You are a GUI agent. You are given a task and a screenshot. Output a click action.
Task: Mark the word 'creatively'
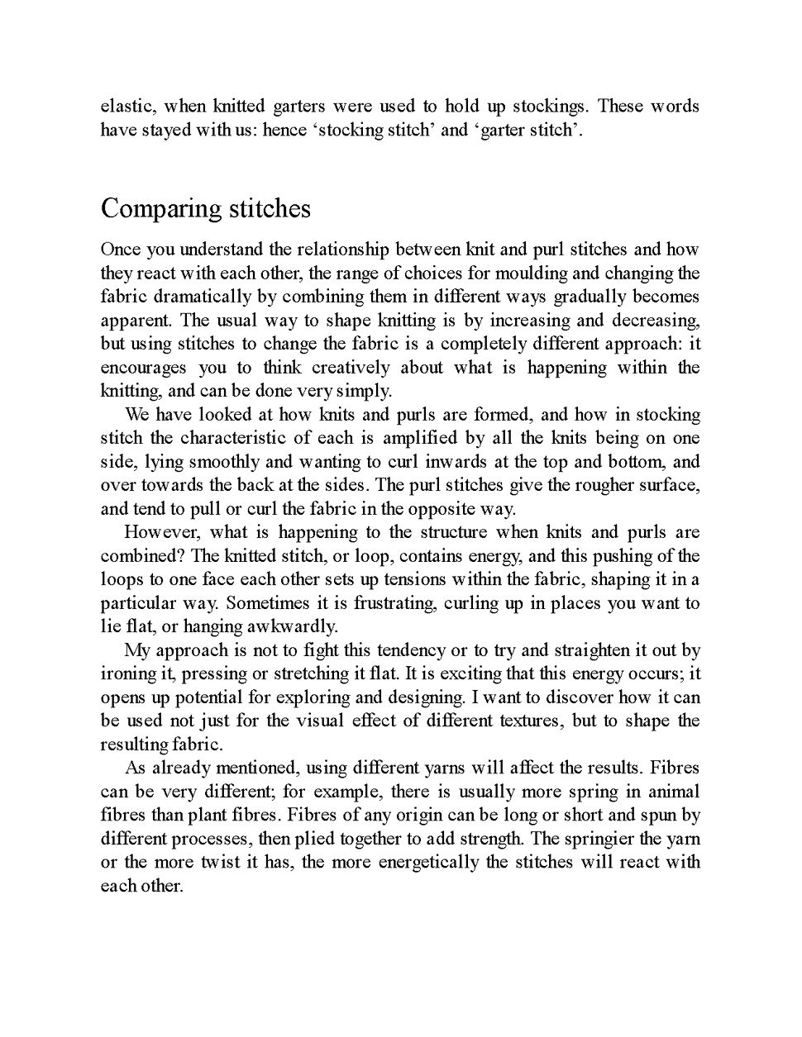(x=351, y=368)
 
